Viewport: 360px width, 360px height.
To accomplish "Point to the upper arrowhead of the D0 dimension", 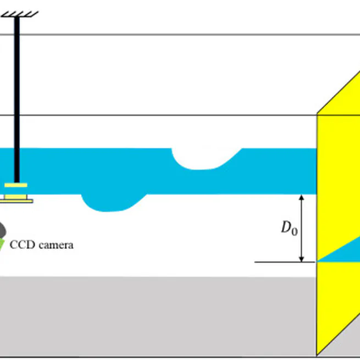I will coord(301,197).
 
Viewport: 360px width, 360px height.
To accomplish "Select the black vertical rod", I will coord(18,99).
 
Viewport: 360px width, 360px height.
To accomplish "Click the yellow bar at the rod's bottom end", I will coord(16,185).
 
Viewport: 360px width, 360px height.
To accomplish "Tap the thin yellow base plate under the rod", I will coord(16,200).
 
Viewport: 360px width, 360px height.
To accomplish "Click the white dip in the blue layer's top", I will coord(206,157).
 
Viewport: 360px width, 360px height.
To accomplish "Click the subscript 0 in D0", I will coord(294,231).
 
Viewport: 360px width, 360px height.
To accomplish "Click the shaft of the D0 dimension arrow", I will coord(301,228).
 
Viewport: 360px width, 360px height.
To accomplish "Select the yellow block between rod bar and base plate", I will coord(16,192).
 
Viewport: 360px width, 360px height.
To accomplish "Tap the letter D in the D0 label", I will coord(286,227).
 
